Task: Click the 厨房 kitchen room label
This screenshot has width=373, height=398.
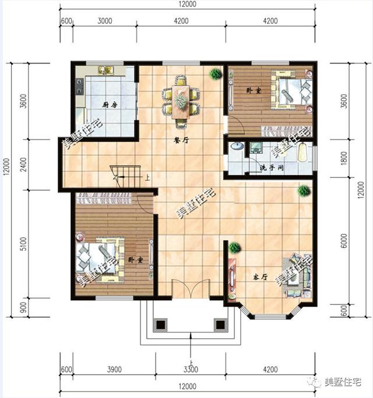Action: click(x=110, y=105)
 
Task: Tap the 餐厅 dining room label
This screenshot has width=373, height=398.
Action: click(x=181, y=140)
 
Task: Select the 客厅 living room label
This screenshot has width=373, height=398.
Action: click(x=261, y=277)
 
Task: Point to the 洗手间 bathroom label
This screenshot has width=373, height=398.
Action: click(x=272, y=168)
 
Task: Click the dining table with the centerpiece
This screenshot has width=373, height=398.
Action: click(x=181, y=102)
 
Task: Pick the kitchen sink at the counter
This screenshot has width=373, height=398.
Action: click(x=105, y=70)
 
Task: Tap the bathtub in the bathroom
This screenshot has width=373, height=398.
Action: click(x=302, y=152)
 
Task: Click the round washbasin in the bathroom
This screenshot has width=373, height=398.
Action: click(x=237, y=146)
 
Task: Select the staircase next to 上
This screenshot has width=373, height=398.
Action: click(x=126, y=177)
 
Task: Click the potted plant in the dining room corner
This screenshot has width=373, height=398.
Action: click(x=216, y=74)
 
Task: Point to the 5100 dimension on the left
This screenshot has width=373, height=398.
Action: click(x=23, y=244)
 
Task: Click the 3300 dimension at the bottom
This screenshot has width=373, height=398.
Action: click(x=191, y=369)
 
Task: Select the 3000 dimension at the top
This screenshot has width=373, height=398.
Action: click(x=105, y=20)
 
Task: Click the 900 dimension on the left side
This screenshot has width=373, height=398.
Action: click(x=23, y=307)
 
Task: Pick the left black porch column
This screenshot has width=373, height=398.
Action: click(x=160, y=325)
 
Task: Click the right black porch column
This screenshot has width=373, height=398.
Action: click(x=220, y=325)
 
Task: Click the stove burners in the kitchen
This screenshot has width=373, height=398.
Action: click(x=80, y=86)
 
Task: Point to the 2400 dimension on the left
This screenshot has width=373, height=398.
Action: click(x=23, y=165)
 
